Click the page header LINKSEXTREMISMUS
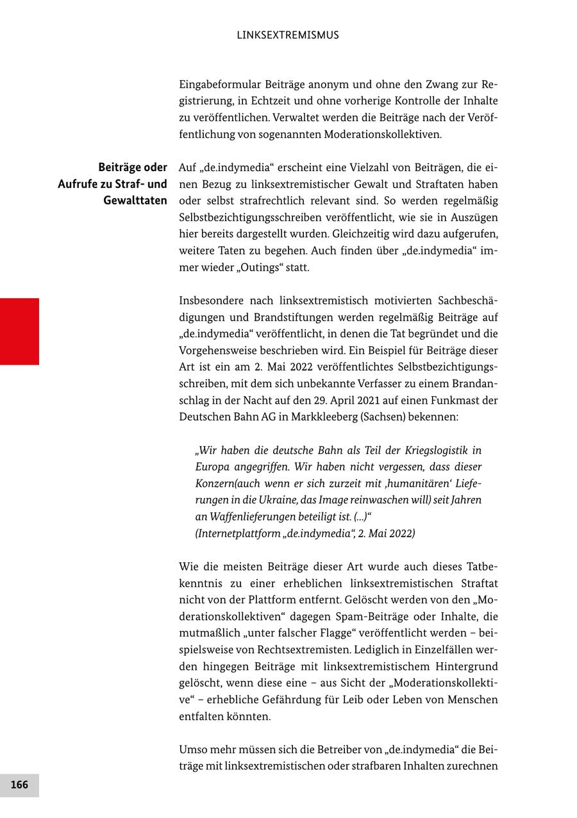288,35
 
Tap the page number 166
19,785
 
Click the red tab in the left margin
19,331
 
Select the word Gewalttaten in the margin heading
135,201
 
